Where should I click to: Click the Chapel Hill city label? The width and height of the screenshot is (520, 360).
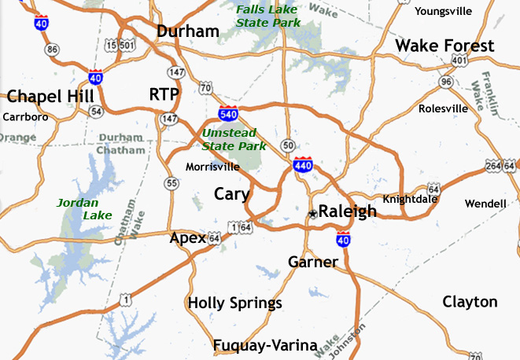coord(50,97)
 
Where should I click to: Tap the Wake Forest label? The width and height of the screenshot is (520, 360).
coord(444,46)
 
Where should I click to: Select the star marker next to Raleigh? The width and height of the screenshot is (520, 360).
coord(312,213)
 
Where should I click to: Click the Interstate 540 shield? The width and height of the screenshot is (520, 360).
coord(229,115)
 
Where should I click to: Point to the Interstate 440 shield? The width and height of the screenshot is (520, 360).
coord(303,164)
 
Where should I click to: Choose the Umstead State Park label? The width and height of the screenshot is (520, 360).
coord(234,139)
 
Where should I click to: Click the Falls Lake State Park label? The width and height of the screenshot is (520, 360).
coord(268,16)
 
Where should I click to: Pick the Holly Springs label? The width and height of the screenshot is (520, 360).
coord(234,303)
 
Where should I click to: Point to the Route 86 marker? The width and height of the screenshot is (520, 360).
coord(53,50)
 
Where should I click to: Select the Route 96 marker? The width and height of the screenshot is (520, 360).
coord(446,81)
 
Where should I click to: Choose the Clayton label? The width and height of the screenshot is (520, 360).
coord(470,302)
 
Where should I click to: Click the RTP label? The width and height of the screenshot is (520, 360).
coord(164,95)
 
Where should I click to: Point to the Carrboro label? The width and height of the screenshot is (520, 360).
coord(26,117)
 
